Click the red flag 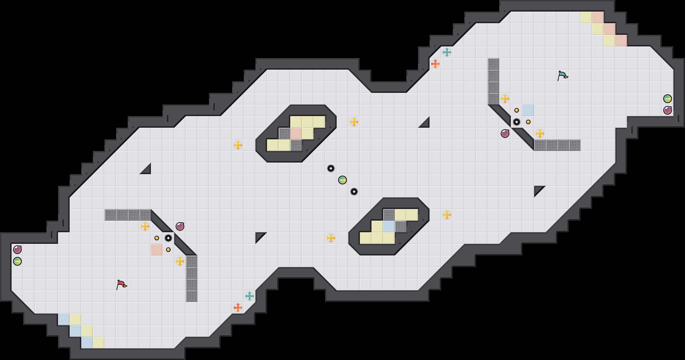tap(122, 285)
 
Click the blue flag tap(563, 75)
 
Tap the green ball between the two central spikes tap(342, 180)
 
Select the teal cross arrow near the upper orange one tap(447, 52)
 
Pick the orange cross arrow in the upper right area tap(435, 64)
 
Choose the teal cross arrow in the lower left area tap(250, 296)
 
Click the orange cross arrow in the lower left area tap(238, 308)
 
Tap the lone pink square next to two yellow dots tap(157, 250)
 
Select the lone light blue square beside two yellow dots tap(528, 110)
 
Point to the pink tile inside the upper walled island tap(296, 134)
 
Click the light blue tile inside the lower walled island tap(389, 226)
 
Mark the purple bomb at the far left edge tap(17, 250)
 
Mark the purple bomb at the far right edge tap(668, 110)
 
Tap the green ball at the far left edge tap(17, 261)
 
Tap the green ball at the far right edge tap(668, 99)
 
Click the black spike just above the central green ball tap(331, 168)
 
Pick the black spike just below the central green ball tap(354, 192)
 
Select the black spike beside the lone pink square tap(168, 238)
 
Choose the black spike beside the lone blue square tap(517, 122)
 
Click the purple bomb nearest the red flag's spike tap(180, 226)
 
